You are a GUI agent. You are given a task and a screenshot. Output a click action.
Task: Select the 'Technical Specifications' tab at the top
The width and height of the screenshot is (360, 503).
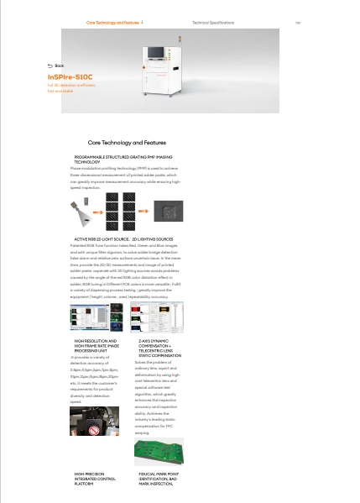point(213,23)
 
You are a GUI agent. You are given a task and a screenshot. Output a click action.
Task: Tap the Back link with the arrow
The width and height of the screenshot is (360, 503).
point(55,65)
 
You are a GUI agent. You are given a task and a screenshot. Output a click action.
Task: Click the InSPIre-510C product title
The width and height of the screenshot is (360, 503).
point(70,76)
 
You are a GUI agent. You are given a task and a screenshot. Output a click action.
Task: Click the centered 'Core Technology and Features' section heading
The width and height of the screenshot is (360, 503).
point(127,143)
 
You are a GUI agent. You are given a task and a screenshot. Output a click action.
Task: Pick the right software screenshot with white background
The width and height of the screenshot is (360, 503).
point(167,317)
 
